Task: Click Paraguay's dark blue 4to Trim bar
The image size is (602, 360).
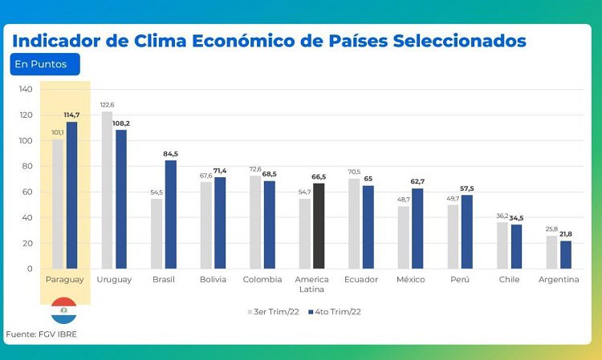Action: pyautogui.click(x=71, y=195)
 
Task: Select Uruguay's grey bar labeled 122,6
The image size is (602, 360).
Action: pyautogui.click(x=107, y=190)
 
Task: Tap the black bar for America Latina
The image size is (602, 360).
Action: pyautogui.click(x=319, y=226)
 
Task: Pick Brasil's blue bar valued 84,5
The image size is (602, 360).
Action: pyautogui.click(x=171, y=214)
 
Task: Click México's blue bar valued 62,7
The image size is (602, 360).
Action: pyautogui.click(x=417, y=229)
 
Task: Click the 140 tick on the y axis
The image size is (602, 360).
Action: pyautogui.click(x=26, y=89)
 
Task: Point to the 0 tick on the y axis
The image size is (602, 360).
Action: pyautogui.click(x=30, y=269)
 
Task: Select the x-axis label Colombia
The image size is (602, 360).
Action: pyautogui.click(x=262, y=280)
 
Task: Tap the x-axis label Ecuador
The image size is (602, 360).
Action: pyautogui.click(x=361, y=280)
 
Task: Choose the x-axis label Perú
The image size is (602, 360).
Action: pyautogui.click(x=460, y=280)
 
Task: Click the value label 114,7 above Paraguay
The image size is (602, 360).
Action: pyautogui.click(x=71, y=115)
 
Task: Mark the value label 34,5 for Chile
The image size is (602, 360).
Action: pyautogui.click(x=516, y=218)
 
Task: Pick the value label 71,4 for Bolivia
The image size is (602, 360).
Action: pyautogui.click(x=220, y=171)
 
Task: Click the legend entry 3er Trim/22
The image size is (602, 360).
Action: pyautogui.click(x=273, y=312)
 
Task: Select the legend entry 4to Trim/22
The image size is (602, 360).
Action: pyautogui.click(x=335, y=312)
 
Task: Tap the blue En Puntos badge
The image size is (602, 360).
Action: pyautogui.click(x=45, y=64)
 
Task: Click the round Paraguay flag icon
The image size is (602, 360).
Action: pyautogui.click(x=63, y=310)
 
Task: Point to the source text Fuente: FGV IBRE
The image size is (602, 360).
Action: pyautogui.click(x=42, y=334)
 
